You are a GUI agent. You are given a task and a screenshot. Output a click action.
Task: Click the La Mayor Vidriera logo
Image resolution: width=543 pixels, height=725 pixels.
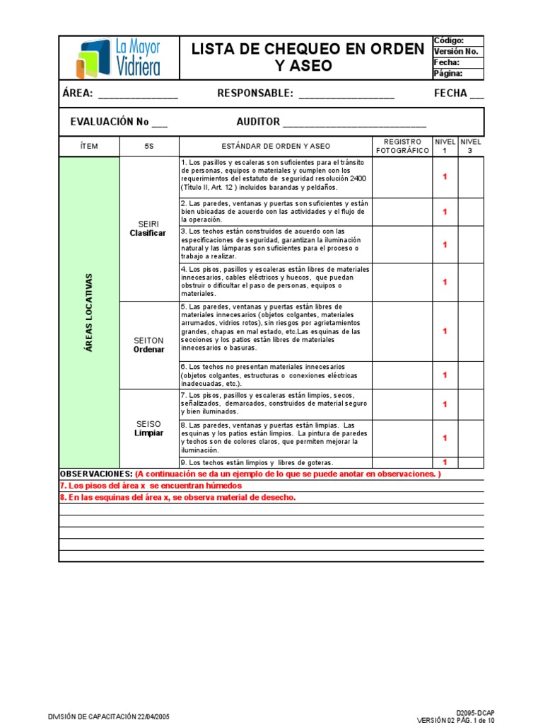pos(118,58)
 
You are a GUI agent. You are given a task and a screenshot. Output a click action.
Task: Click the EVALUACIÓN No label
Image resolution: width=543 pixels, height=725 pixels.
pos(110,122)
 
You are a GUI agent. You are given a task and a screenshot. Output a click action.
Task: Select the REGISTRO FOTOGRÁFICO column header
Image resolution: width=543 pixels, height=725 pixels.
pos(402,147)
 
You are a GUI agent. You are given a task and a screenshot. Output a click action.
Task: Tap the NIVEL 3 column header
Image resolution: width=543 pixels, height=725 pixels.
pos(471,147)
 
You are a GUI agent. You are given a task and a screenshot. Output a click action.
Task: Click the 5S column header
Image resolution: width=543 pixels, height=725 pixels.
pos(148,147)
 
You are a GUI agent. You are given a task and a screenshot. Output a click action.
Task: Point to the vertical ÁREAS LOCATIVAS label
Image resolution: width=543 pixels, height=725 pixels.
pos(89,312)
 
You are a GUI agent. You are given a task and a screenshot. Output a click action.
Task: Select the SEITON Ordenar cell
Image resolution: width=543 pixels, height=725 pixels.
pos(148,345)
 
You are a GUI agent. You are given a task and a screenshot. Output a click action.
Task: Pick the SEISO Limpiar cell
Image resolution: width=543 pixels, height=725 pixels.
pos(148,428)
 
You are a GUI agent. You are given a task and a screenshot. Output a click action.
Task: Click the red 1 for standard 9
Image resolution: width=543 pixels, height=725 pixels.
pos(445,462)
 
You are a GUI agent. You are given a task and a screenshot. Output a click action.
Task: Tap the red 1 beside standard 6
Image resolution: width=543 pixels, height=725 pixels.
pos(445,375)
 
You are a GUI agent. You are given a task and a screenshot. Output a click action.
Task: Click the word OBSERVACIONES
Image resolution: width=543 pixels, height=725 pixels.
pos(95,474)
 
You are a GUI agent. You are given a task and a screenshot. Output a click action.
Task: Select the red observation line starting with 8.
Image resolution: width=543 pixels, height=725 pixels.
pos(177,497)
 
